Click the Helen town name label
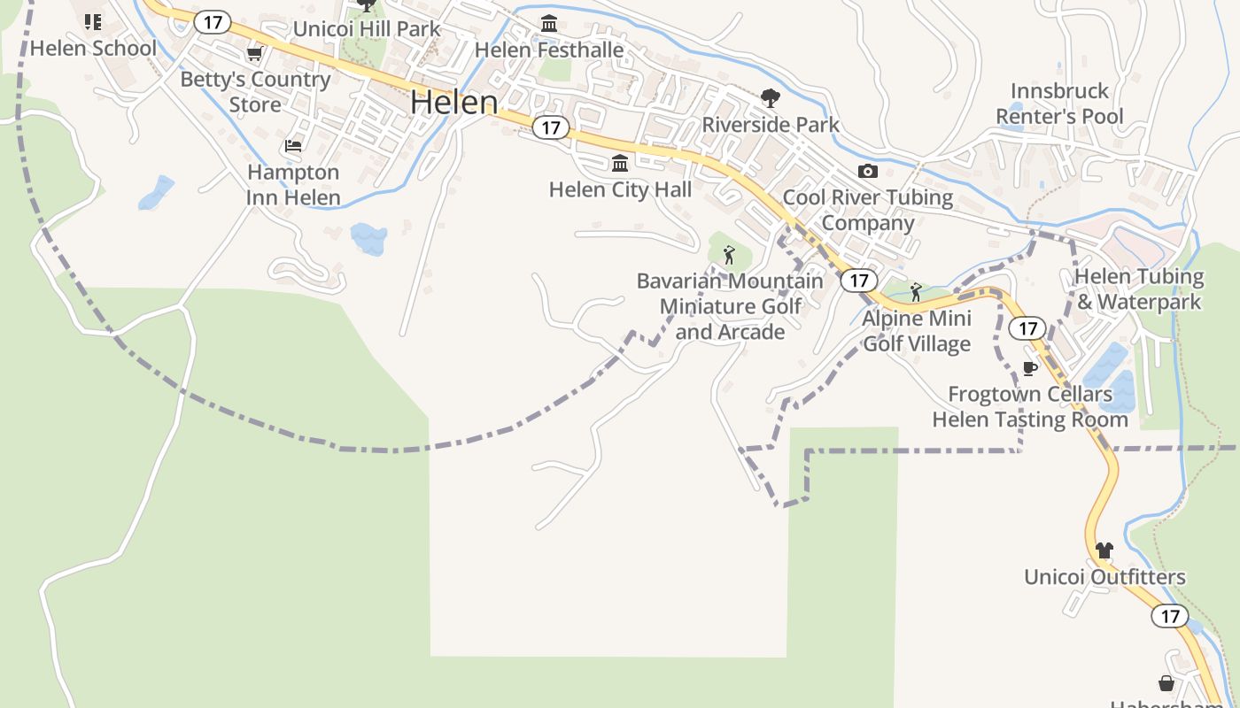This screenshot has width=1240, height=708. [454, 103]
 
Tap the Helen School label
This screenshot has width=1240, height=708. [93, 48]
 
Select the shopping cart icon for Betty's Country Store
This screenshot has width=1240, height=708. [255, 54]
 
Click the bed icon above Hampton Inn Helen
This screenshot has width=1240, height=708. [293, 146]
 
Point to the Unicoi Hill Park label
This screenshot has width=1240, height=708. [367, 28]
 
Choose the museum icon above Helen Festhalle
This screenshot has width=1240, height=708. [549, 24]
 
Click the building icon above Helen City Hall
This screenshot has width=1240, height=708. [620, 164]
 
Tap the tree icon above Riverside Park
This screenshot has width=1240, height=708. [771, 98]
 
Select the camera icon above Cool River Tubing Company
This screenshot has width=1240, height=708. [868, 172]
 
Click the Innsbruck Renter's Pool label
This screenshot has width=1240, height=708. [1059, 104]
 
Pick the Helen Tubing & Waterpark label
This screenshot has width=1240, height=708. [1139, 289]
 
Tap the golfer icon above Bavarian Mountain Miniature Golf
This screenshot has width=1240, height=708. [729, 256]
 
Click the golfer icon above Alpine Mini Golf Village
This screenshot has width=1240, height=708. [916, 292]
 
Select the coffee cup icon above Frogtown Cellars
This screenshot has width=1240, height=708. [1029, 368]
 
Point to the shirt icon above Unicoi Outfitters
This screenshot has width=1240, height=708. [1104, 550]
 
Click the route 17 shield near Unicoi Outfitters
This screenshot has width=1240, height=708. [1170, 616]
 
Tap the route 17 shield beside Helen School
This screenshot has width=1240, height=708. [213, 22]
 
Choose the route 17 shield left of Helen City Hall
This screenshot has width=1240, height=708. [551, 127]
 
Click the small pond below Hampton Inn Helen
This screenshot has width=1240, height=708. [368, 238]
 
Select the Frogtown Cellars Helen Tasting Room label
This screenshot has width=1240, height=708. [1030, 406]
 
